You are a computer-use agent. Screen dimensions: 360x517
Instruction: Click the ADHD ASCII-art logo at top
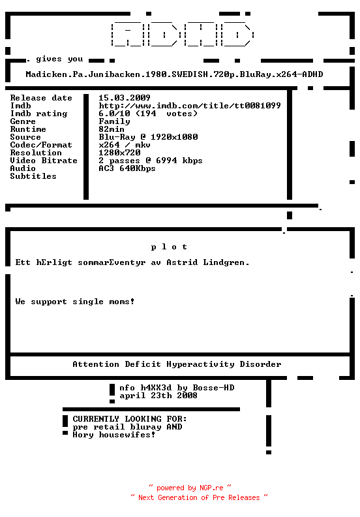tap(183, 35)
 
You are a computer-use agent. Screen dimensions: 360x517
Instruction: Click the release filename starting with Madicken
tap(174, 74)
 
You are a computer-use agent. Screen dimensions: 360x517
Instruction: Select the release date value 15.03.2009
tap(124, 98)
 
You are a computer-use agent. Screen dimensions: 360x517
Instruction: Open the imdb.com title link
tap(190, 106)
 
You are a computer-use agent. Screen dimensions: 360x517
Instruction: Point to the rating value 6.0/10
tap(114, 114)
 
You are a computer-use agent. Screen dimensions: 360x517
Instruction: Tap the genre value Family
tap(114, 121)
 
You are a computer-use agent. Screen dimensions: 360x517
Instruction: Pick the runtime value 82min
tap(112, 129)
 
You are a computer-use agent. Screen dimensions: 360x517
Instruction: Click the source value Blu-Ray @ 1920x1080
tap(148, 137)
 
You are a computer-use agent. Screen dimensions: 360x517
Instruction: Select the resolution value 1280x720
tap(119, 153)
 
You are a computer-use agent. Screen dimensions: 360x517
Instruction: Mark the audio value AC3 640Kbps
tap(127, 168)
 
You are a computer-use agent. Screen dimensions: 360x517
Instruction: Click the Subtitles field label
tap(33, 176)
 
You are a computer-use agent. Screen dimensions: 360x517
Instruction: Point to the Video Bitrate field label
tap(44, 161)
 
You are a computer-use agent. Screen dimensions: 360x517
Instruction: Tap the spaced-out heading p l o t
tap(169, 247)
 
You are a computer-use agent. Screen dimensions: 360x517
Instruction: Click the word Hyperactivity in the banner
tap(200, 364)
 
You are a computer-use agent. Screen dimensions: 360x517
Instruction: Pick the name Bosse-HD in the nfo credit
tap(213, 388)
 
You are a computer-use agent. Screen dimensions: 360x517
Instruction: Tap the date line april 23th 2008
tap(158, 396)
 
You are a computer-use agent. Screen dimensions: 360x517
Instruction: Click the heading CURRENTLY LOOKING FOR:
tap(129, 419)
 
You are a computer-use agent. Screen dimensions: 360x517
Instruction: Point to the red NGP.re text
tap(211, 488)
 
